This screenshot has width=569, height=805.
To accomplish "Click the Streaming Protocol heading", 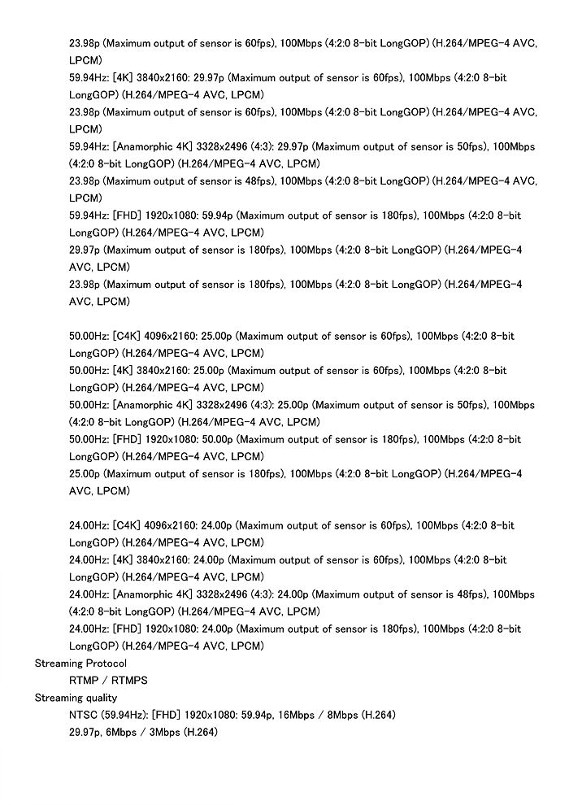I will tap(80, 664).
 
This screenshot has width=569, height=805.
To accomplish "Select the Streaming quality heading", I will tap(76, 698).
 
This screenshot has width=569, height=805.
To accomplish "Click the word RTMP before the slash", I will tap(84, 681).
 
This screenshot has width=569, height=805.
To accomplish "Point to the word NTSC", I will tap(84, 715).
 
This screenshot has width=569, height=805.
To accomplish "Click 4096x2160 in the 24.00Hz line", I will tap(169, 525).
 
